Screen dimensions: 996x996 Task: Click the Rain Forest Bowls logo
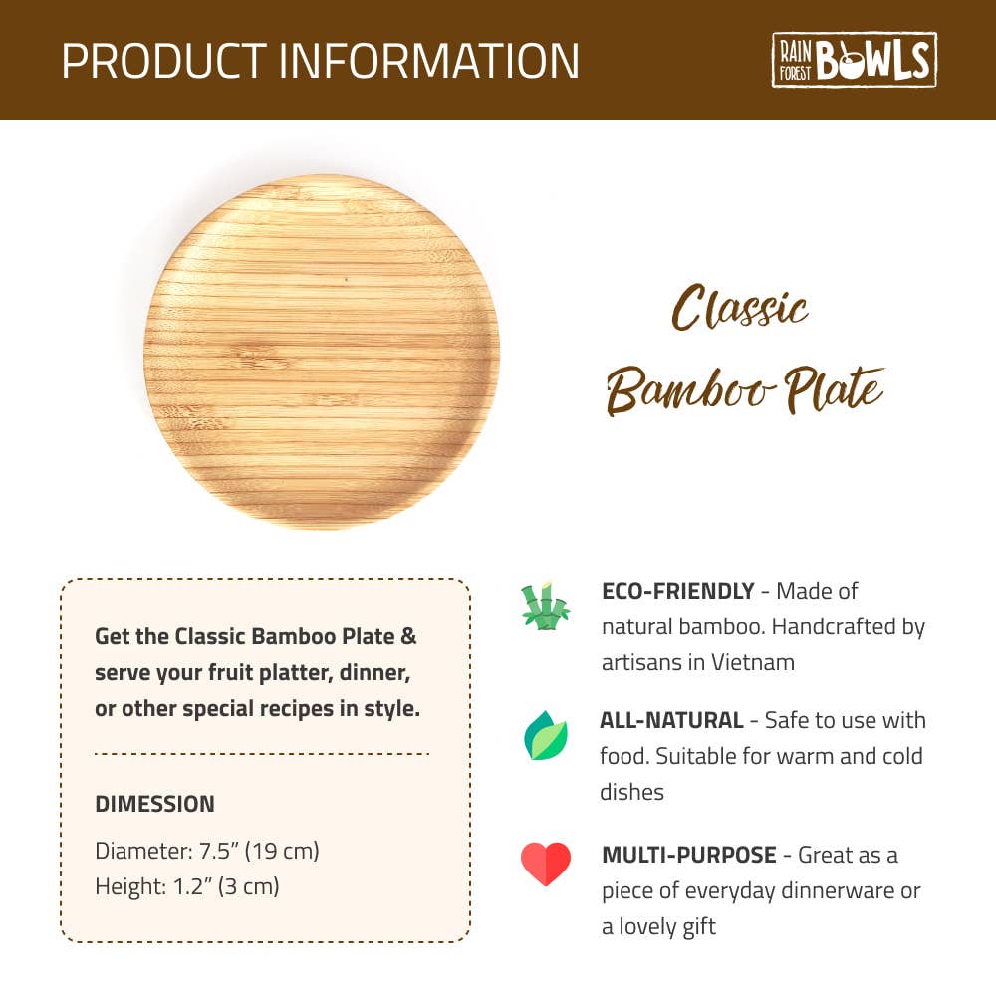point(855,59)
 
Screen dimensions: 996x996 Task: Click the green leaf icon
point(546,738)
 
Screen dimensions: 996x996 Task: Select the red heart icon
point(546,864)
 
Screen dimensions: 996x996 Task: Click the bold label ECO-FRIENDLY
point(677,591)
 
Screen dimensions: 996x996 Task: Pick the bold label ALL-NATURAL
point(671,720)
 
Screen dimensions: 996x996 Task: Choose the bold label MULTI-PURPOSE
point(688,855)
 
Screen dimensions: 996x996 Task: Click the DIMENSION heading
point(154,804)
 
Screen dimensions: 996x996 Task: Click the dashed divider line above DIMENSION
point(261,754)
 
